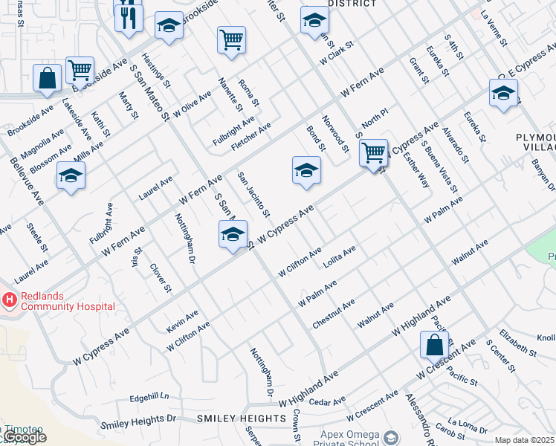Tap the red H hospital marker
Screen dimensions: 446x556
pos(10,300)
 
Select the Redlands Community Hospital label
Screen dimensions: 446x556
pos(68,301)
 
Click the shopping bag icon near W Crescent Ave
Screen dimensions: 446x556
pos(433,346)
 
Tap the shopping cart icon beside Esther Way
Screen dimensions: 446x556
pos(373,152)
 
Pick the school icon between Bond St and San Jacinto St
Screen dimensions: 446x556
pos(306,171)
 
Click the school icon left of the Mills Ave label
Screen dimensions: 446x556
pos(71,175)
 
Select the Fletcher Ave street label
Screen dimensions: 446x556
pos(250,137)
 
